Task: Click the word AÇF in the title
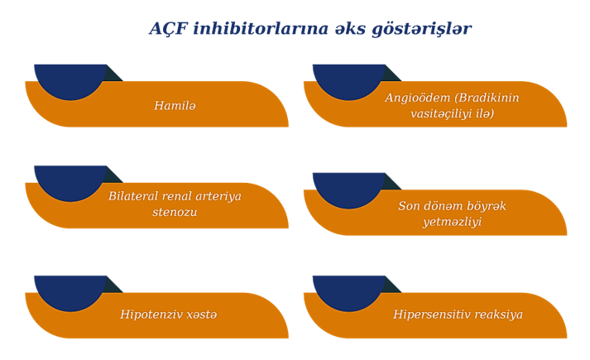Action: pos(169,29)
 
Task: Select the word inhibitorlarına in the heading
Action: pos(261,28)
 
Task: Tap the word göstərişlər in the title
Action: pos(421,29)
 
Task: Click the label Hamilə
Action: pos(175,105)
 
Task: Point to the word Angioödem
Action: pos(418,98)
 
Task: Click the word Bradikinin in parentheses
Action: pos(487,98)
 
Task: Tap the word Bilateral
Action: pos(133,196)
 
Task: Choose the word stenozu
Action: pos(175,212)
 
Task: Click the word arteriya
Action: pos(219,197)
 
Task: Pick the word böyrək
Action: pos(486,206)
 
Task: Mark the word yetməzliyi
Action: pos(453,222)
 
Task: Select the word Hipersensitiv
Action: pos(428,314)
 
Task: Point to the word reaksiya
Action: pos(495,314)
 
